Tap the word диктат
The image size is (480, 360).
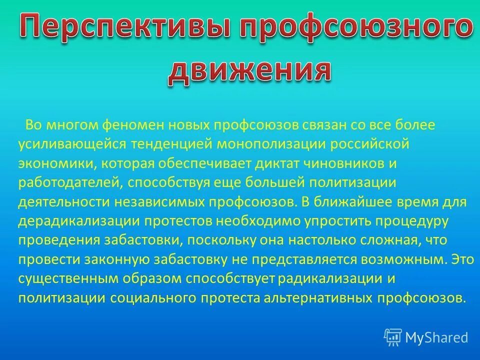273,163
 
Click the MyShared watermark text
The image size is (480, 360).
436,337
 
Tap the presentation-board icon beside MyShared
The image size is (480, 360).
393,337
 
